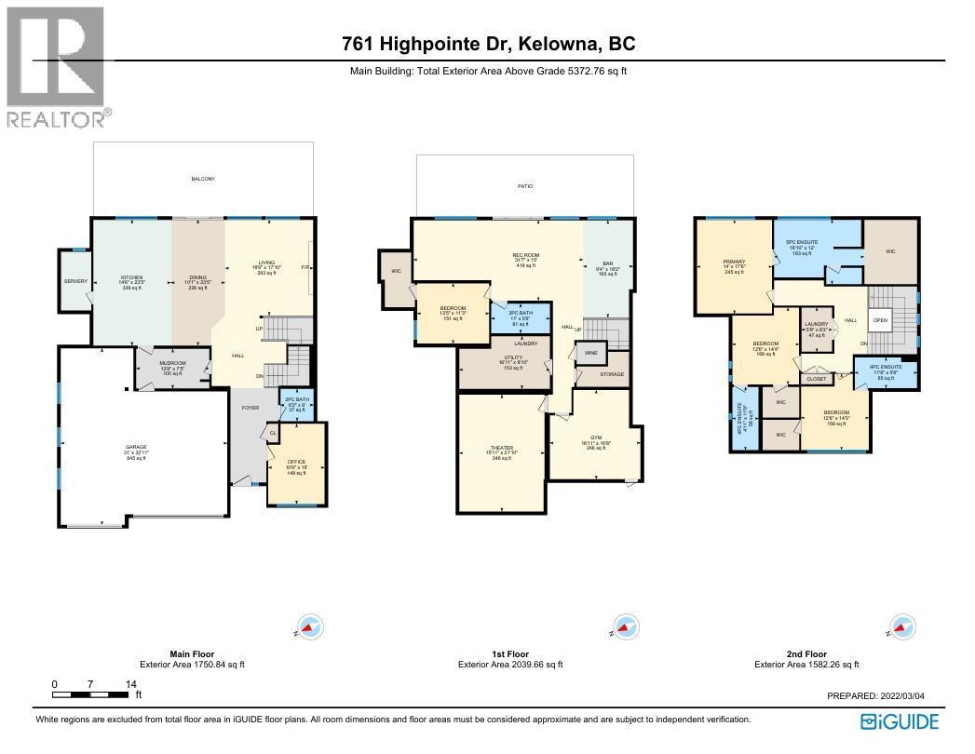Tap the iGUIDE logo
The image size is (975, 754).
(x=900, y=721)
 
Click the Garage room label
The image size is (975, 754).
(x=137, y=451)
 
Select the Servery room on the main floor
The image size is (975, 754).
(x=75, y=281)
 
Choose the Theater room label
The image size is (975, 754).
(x=502, y=451)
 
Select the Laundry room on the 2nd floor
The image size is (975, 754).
(x=818, y=330)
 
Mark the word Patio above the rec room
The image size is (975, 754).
(x=525, y=187)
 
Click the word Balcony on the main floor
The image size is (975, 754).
(x=203, y=179)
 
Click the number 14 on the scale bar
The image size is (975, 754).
(x=127, y=684)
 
